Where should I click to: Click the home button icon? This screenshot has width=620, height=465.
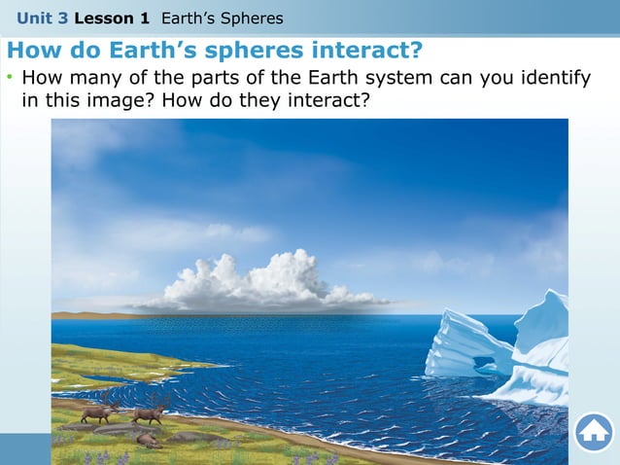pyautogui.click(x=593, y=432)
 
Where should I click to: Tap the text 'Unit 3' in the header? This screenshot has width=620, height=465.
pyautogui.click(x=42, y=18)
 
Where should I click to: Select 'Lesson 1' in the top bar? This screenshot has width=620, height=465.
pyautogui.click(x=112, y=18)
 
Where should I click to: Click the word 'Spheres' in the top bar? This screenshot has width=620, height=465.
pyautogui.click(x=253, y=18)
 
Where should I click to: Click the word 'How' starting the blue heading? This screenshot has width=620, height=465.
pyautogui.click(x=32, y=50)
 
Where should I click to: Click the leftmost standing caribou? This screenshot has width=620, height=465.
pyautogui.click(x=99, y=411)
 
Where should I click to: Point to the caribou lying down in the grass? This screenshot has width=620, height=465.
pyautogui.click(x=149, y=440)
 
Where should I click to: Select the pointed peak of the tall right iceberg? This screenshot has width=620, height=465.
pyautogui.click(x=555, y=293)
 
